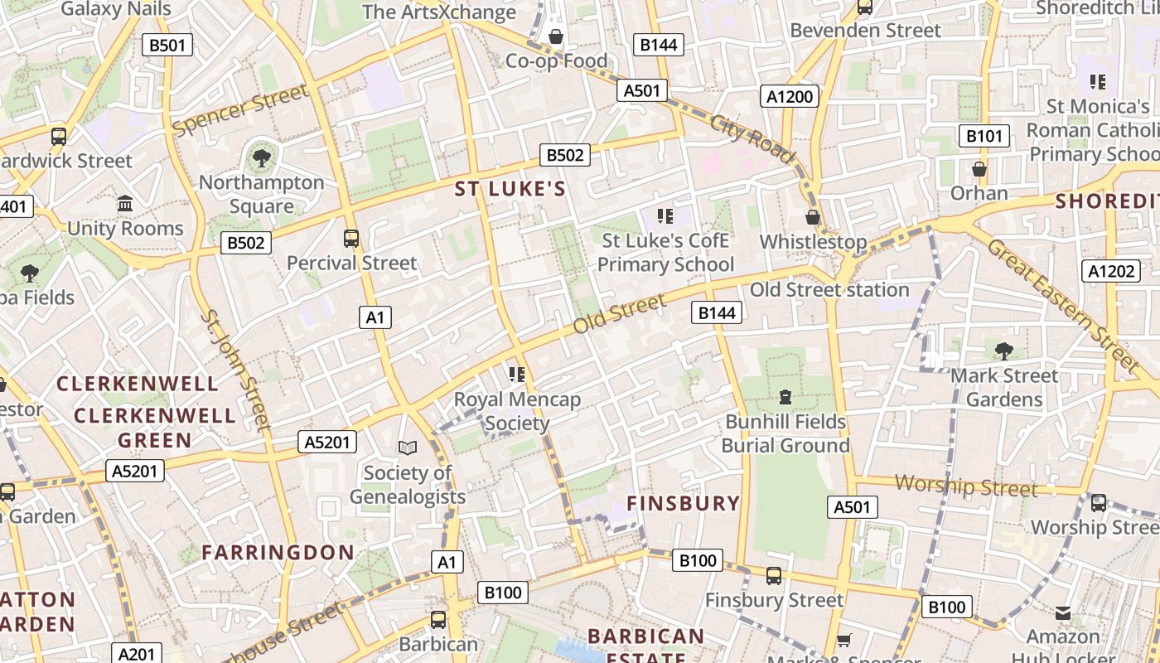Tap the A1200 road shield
[x=790, y=96]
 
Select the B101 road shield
[x=984, y=136]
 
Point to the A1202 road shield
[x=1110, y=270]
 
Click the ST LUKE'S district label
[x=510, y=189]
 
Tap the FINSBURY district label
[x=683, y=503]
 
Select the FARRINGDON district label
[x=278, y=552]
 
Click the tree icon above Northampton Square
[x=261, y=157]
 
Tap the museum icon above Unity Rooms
[x=125, y=203]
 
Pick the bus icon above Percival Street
[x=351, y=239]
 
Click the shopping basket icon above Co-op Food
[x=556, y=36]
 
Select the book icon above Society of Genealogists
[x=407, y=448]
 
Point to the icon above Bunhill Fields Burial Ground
[x=785, y=397]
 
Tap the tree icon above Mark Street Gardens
[x=1004, y=351]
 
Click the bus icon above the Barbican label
[x=437, y=619]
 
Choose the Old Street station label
[x=829, y=290]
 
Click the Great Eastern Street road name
[x=1063, y=304]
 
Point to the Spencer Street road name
[x=239, y=111]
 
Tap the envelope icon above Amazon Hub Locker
[x=1062, y=613]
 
